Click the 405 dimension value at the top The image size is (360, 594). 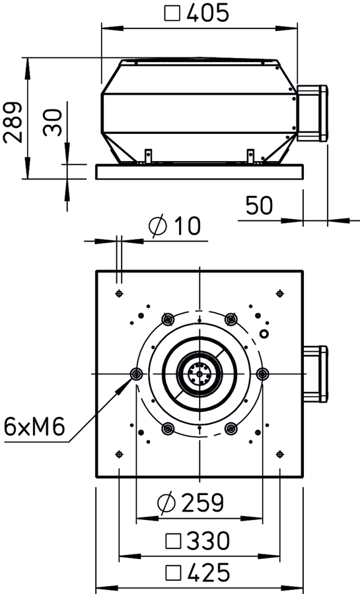[208, 13]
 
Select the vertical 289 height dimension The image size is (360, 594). [13, 122]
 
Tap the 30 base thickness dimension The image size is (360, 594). [52, 122]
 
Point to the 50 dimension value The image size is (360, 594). [259, 205]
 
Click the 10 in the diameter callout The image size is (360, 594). [187, 226]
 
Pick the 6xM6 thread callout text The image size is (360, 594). [34, 426]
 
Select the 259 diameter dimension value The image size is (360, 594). [203, 502]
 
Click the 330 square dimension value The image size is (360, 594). [209, 541]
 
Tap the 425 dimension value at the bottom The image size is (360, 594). [209, 572]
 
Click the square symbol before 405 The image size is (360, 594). [172, 14]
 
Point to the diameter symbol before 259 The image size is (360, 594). [166, 503]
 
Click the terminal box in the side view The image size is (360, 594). [312, 113]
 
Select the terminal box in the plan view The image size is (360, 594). [315, 374]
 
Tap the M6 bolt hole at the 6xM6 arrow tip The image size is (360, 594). [136, 374]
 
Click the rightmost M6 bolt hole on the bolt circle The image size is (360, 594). [262, 374]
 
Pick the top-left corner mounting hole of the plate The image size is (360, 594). [119, 293]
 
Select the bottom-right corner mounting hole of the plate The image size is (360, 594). [279, 454]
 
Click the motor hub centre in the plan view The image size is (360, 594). [199, 374]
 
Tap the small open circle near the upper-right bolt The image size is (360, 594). [264, 333]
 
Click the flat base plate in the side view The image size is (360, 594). [199, 172]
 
